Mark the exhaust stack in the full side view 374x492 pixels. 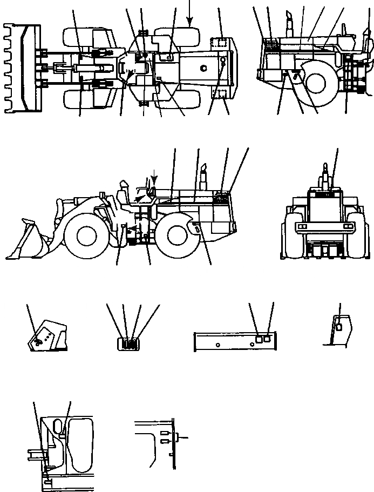pos(204,177)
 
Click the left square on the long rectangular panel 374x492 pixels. pos(258,339)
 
